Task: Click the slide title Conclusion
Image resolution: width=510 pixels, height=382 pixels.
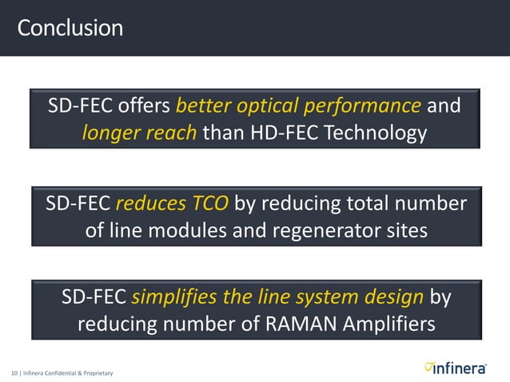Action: click(70, 29)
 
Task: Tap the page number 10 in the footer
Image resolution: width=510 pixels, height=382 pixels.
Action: click(14, 373)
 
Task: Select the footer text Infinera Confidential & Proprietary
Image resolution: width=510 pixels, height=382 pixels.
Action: click(67, 373)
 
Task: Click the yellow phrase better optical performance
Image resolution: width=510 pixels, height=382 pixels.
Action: click(298, 106)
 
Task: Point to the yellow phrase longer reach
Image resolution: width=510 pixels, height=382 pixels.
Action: click(139, 132)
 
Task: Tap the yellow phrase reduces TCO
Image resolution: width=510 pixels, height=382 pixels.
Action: click(173, 203)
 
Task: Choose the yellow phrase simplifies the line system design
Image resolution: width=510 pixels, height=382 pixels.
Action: click(277, 297)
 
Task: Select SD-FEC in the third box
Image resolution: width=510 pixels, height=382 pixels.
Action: click(94, 297)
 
